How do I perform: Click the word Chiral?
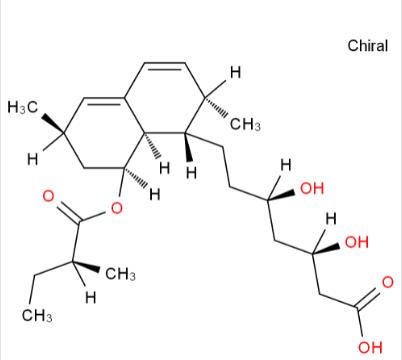pyautogui.click(x=368, y=46)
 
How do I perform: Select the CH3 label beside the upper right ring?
pyautogui.click(x=245, y=125)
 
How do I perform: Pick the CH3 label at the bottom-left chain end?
pyautogui.click(x=38, y=317)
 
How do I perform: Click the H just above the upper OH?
pyautogui.click(x=285, y=164)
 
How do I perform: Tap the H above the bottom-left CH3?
pyautogui.click(x=89, y=297)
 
